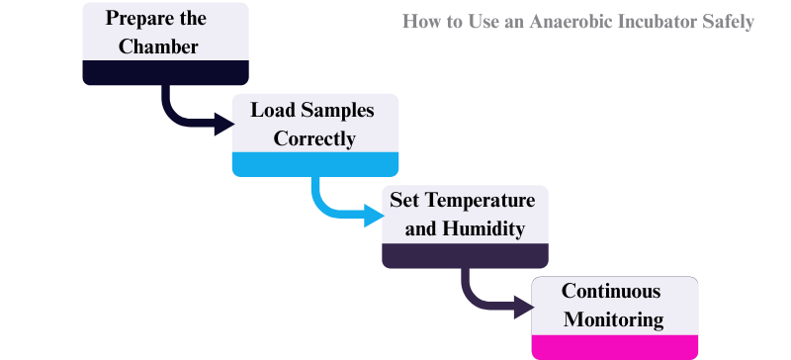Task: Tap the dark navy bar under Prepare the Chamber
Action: click(x=165, y=72)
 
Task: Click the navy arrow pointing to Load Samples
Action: click(x=198, y=122)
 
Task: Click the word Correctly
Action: click(x=314, y=138)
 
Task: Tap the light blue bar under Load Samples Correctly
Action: click(x=315, y=164)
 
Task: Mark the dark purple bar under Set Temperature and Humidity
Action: click(x=465, y=255)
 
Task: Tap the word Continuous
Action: click(x=611, y=291)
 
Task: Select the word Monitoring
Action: click(x=615, y=319)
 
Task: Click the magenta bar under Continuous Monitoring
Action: click(x=615, y=347)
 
